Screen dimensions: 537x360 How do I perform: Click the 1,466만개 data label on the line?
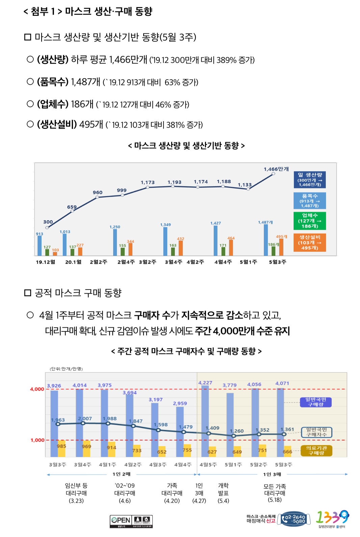click(x=276, y=169)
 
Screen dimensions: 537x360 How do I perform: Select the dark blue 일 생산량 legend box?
click(x=310, y=180)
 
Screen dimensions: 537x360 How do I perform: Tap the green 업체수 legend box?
click(x=310, y=221)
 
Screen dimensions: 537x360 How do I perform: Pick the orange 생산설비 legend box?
click(x=310, y=242)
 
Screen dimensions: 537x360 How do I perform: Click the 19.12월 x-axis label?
click(x=46, y=262)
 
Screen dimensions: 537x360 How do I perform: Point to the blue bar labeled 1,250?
click(x=115, y=242)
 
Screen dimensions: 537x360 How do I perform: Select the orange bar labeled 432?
click(x=181, y=248)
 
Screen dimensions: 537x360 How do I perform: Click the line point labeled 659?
click(x=72, y=211)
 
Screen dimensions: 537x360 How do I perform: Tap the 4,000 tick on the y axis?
click(x=37, y=389)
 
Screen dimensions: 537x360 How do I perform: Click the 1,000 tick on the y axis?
click(x=37, y=440)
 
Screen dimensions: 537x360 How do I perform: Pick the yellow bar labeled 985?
click(x=61, y=449)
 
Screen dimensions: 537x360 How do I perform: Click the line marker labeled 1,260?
click(x=234, y=436)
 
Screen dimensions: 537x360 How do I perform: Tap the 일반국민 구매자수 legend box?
click(x=316, y=432)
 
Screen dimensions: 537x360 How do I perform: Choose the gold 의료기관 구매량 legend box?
click(x=316, y=451)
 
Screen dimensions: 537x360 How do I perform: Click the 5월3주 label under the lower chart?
click(x=284, y=465)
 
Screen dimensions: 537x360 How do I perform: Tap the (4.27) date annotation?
click(x=199, y=501)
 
